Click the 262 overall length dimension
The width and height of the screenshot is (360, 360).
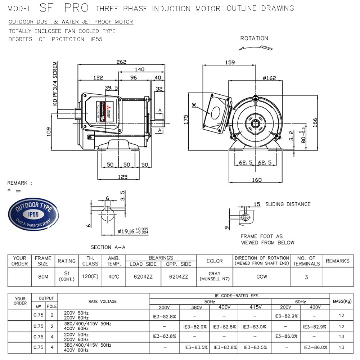[122, 62]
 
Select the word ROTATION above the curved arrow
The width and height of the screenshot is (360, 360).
[254, 38]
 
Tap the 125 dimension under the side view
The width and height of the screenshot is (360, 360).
[123, 177]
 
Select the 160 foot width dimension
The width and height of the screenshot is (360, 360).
[256, 180]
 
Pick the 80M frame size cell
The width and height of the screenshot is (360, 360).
[42, 277]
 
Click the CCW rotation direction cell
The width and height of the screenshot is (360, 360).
[262, 277]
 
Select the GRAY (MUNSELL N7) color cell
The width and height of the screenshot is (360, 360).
[215, 276]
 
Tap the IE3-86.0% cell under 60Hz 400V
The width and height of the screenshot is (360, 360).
[315, 347]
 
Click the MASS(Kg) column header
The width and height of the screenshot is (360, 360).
[342, 301]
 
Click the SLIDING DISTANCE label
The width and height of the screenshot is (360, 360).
[288, 204]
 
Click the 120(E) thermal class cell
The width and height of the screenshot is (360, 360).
[90, 277]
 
